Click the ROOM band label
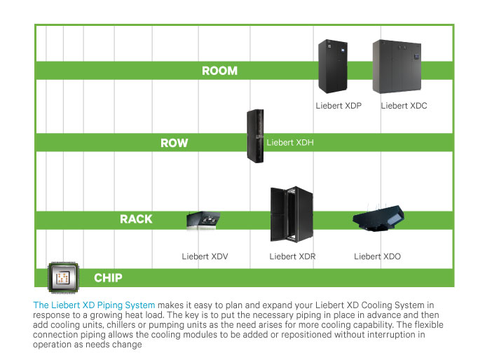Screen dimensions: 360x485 pyautogui.click(x=219, y=71)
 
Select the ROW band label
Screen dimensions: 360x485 pyautogui.click(x=174, y=143)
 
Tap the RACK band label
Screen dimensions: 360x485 pyautogui.click(x=136, y=219)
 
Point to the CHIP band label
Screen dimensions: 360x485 pyautogui.click(x=108, y=278)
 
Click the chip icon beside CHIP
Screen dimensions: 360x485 pyautogui.click(x=62, y=277)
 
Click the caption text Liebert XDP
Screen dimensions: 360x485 pyautogui.click(x=339, y=106)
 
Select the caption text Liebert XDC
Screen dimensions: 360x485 pyautogui.click(x=404, y=106)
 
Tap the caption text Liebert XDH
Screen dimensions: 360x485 pyautogui.click(x=290, y=143)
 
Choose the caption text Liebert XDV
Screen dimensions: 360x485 pyautogui.click(x=205, y=256)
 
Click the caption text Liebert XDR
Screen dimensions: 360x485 pyautogui.click(x=292, y=256)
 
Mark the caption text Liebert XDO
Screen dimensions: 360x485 pyautogui.click(x=377, y=256)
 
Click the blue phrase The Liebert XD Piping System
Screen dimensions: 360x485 pyautogui.click(x=94, y=305)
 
